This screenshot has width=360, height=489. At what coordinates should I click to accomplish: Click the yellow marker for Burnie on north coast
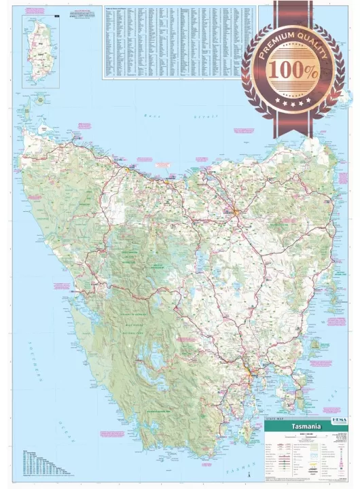pyautogui.click(x=126, y=169)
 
